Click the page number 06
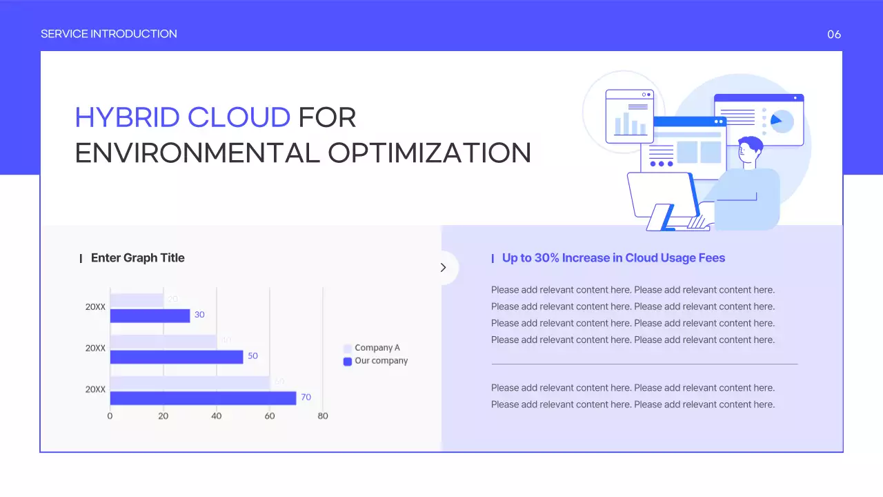point(834,35)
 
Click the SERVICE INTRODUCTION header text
point(109,34)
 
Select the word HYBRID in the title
point(128,118)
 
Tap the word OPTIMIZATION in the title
point(429,153)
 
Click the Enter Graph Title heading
point(138,258)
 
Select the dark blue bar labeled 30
point(150,315)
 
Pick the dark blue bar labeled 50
point(177,357)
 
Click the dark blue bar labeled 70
point(203,398)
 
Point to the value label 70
point(306,398)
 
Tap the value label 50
point(253,356)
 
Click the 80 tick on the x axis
point(323,416)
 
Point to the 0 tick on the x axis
point(110,416)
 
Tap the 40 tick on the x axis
point(217,416)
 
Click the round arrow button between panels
point(443,268)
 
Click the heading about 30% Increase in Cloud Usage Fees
point(613,258)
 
